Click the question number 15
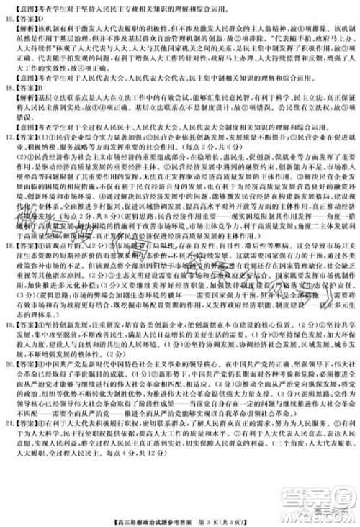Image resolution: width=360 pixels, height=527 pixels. [x=8, y=17]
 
